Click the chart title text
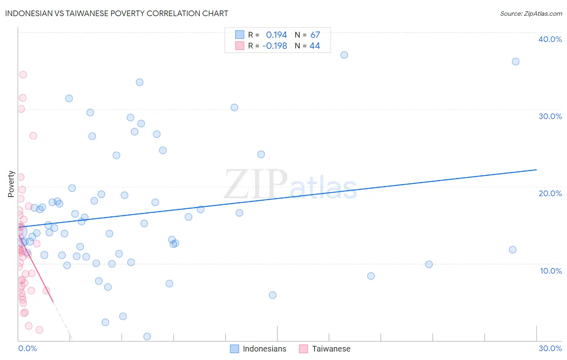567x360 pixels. [117, 13]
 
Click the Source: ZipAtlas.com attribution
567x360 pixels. [531, 14]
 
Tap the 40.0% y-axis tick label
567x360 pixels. [550, 39]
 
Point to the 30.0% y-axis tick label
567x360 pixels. [550, 116]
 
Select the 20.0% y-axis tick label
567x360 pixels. [550, 193]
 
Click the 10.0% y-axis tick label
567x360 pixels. [550, 271]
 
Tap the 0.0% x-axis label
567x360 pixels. [27, 348]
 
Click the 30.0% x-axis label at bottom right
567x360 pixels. [550, 348]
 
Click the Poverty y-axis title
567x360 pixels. [11, 184]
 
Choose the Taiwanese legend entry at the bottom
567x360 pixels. [331, 349]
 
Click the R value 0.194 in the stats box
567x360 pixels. [276, 35]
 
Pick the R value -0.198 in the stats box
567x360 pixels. [275, 46]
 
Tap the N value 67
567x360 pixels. [315, 35]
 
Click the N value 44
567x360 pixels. [315, 46]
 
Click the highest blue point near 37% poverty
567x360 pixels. [344, 55]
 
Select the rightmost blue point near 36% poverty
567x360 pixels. [515, 62]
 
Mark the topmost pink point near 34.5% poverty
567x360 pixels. [23, 75]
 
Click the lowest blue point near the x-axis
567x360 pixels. [147, 337]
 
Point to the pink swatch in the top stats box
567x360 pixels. [240, 46]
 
